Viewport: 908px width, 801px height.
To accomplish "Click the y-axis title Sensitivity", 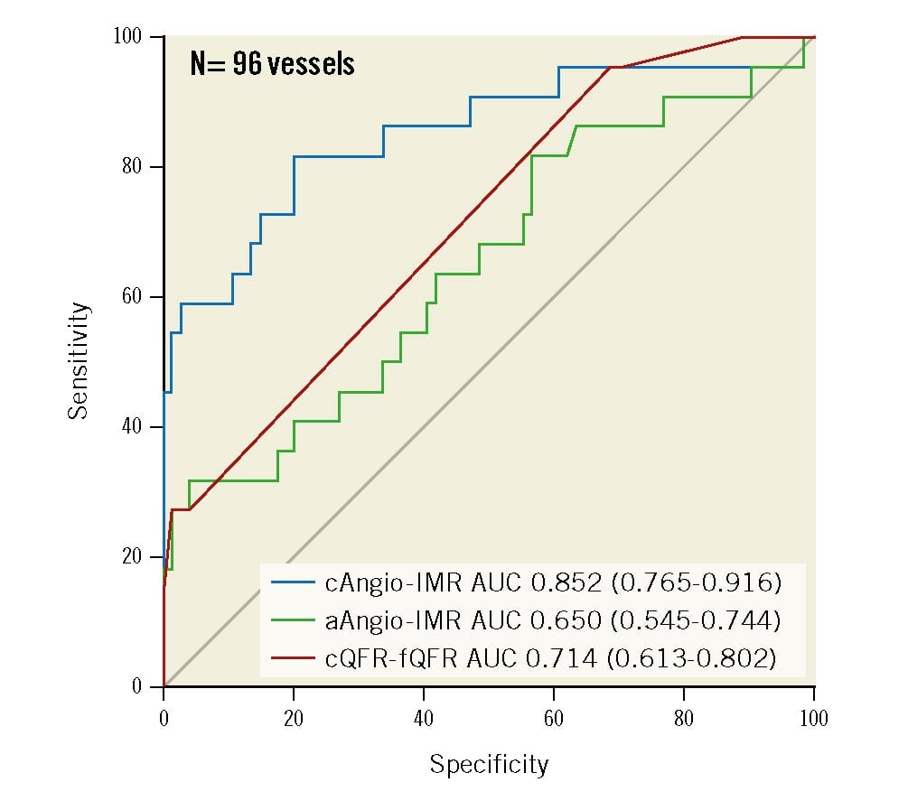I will pos(80,360).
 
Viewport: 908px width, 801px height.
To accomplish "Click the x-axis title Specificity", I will pos(489,765).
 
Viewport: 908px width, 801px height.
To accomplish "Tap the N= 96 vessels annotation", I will pos(272,64).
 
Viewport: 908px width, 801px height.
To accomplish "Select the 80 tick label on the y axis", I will pos(131,167).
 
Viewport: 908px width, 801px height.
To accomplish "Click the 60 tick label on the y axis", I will pos(131,297).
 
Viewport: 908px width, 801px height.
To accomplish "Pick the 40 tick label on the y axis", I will pos(131,427).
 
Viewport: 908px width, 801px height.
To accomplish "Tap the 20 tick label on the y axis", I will pos(131,557).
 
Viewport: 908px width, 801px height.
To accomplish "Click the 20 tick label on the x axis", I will pos(294,719).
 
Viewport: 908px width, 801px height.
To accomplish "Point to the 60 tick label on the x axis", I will pos(554,719).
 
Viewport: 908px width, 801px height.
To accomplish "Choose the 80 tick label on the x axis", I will pos(684,719).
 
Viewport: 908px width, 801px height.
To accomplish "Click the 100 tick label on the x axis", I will pos(813,719).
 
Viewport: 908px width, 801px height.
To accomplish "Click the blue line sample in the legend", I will pos(292,582).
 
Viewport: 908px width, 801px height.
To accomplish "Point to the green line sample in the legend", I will pos(292,620).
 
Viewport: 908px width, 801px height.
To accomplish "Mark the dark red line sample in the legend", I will pos(292,658).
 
